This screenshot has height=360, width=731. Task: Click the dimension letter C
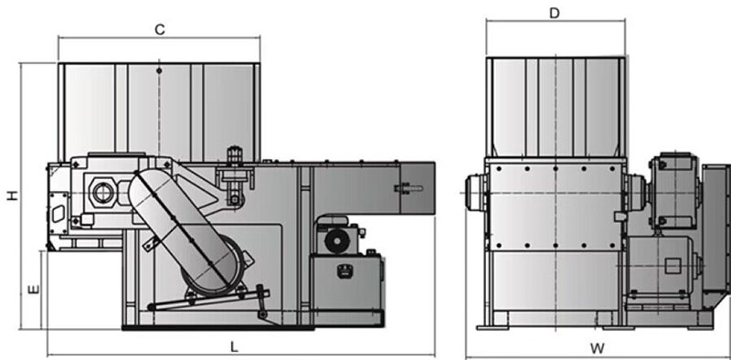click(x=159, y=29)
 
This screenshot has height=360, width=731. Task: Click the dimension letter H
click(x=12, y=196)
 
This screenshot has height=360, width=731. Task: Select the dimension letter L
click(x=234, y=347)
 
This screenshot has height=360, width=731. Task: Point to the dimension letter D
click(x=555, y=13)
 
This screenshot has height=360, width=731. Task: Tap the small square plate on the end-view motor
click(x=673, y=266)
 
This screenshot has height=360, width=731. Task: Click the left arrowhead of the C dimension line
click(x=61, y=37)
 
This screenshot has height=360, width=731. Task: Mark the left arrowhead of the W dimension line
click(x=469, y=356)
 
